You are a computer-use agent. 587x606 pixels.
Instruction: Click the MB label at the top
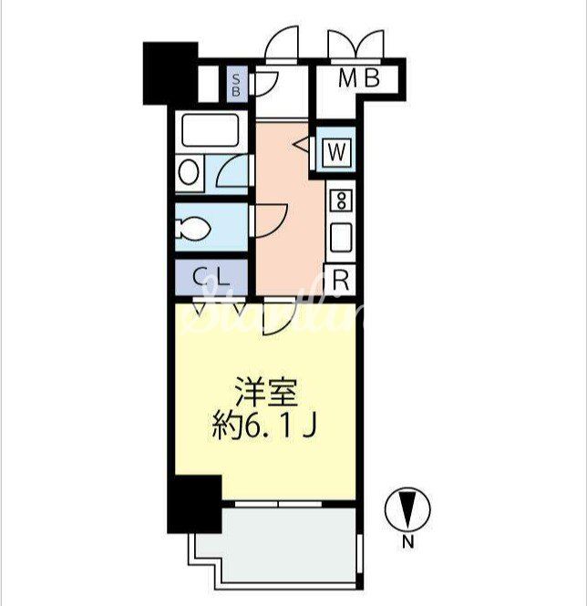pos(358,79)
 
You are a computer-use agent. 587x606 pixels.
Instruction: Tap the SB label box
pos(236,85)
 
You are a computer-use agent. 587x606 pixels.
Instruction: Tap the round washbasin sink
pos(190,173)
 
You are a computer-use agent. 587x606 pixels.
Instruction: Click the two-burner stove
pos(341,200)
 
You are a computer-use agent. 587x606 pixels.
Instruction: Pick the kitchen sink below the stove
pos(341,238)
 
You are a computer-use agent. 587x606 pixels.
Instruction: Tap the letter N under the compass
pos(407,544)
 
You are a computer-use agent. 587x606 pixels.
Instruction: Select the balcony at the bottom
pos(283,547)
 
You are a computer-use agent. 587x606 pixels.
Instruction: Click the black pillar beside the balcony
pos(194,504)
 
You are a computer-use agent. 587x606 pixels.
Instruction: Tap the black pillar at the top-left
pos(170,72)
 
